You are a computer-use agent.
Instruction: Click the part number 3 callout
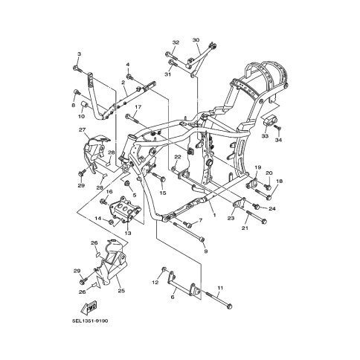(78, 54)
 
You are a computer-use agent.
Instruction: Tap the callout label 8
(74, 105)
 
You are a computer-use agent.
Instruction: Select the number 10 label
(82, 117)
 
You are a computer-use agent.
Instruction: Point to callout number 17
(138, 107)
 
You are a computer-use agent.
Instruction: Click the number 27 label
(83, 129)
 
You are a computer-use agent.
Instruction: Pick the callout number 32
(176, 42)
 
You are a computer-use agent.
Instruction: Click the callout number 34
(278, 140)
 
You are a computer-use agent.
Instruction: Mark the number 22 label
(178, 158)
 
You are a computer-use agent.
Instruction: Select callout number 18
(280, 181)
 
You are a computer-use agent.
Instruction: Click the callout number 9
(205, 251)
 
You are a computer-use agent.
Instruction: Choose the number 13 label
(127, 233)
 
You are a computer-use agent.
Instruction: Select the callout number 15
(162, 193)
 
